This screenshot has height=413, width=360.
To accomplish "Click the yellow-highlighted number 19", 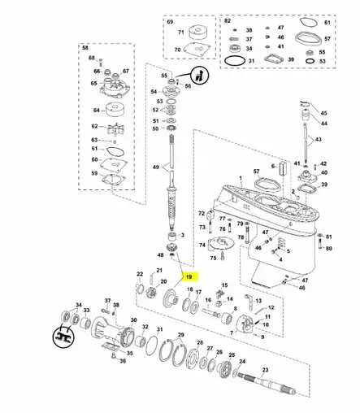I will click(188, 276).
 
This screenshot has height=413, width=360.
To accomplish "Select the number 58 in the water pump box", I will click(84, 48).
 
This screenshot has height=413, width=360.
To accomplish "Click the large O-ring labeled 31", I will click(235, 61).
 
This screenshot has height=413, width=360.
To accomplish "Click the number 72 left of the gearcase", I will click(202, 213).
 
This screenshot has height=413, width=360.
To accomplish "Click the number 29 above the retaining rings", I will click(180, 334).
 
